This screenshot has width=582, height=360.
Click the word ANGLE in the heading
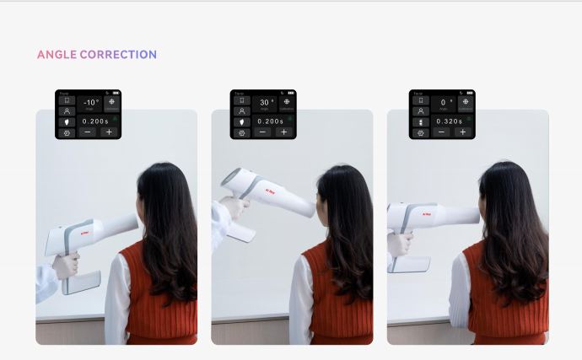click(57, 55)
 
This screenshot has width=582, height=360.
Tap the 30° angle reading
click(264, 103)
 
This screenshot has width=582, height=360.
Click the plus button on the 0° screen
click(462, 132)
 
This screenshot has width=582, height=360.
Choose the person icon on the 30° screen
click(242, 110)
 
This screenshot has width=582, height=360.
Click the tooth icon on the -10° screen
click(66, 121)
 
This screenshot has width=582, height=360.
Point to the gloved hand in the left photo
click(65, 266)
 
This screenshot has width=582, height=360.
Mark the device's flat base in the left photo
click(82, 282)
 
